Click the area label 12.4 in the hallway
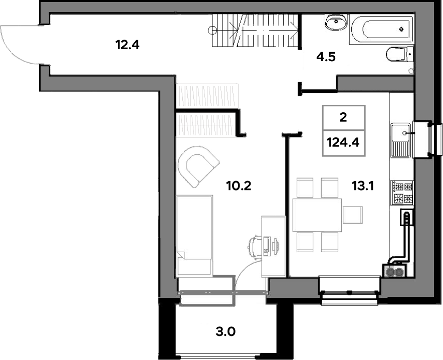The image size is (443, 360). pos(127,45)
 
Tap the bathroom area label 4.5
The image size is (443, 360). pos(326,57)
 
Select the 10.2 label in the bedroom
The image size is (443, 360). pos(239,186)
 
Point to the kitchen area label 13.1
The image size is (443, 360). pos(363,186)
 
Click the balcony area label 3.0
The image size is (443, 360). pos(226,332)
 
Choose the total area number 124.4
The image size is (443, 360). pos(343,142)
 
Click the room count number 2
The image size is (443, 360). pos(343,117)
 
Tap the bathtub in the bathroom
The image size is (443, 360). pos(381,30)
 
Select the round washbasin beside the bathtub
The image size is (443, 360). pos(336,22)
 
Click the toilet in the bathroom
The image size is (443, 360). pos(399,54)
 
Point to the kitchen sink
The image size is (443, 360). pos(400,140)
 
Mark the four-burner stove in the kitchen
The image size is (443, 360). pos(402,193)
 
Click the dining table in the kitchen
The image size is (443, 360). pos(317,215)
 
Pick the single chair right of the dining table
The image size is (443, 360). pos(353,215)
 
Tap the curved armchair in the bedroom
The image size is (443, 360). pos(198,166)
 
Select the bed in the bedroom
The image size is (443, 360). pos(194,235)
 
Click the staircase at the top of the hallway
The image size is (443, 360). pos(255,31)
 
